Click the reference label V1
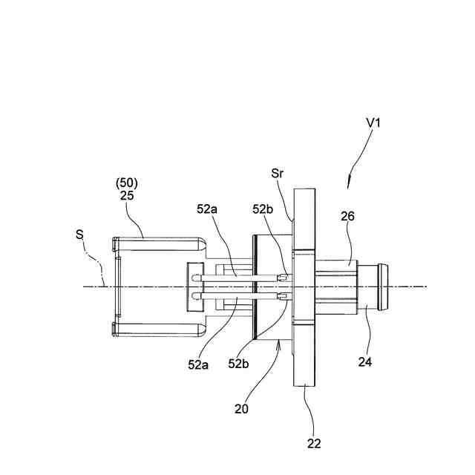(373, 122)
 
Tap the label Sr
(278, 173)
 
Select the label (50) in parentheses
(127, 183)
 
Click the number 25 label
(127, 195)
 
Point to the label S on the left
(79, 235)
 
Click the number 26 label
(347, 216)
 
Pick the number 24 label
(365, 361)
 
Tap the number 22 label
(314, 444)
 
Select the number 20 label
(241, 409)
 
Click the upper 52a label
(207, 209)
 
